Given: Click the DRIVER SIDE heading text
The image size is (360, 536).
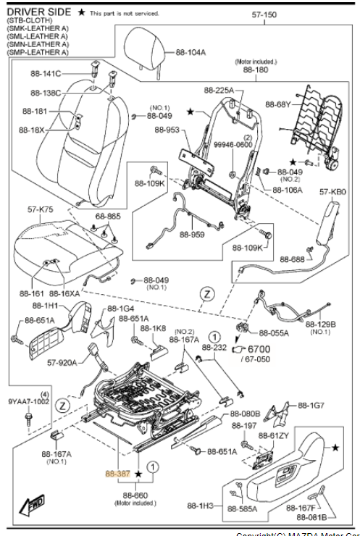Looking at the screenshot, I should coord(39,12).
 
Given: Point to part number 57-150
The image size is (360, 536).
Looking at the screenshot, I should coord(264,14).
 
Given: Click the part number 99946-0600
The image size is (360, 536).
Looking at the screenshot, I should coord(233,145).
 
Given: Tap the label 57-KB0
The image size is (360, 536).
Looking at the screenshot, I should coord(331,193).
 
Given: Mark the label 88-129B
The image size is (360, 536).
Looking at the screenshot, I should coord(320,324).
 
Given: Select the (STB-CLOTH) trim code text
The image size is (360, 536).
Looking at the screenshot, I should coord(28,22).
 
